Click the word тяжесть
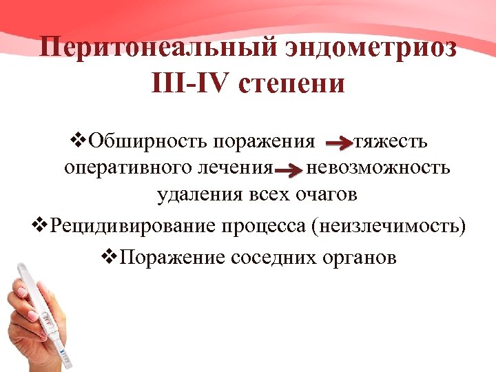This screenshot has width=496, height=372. (390, 142)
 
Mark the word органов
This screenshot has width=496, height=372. (358, 258)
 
